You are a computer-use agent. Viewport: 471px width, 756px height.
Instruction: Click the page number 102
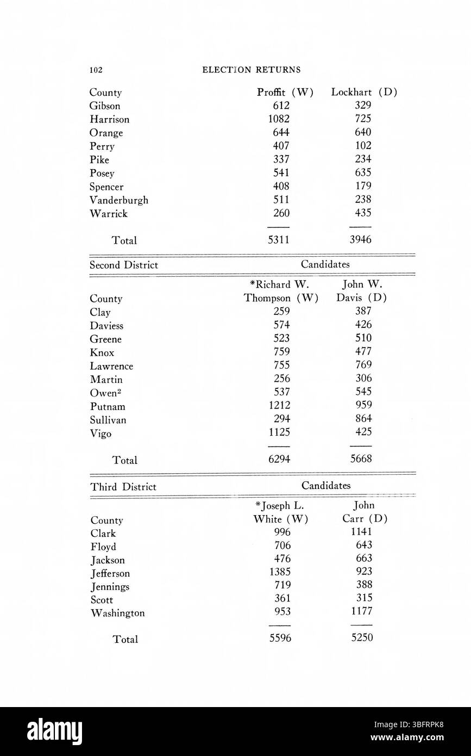pos(96,70)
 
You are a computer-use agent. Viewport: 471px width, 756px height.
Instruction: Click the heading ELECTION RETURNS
pos(251,70)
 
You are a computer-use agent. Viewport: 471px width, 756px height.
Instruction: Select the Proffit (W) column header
pos(285,92)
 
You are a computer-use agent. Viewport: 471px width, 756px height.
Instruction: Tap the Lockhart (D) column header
pos(363,92)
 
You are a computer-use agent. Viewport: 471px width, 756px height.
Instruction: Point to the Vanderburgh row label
pos(119,200)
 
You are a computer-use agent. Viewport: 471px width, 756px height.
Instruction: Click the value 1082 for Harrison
pos(279,119)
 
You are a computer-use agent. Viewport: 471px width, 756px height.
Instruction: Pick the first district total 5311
pos(279,240)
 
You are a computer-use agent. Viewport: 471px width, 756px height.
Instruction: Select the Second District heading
pos(124,265)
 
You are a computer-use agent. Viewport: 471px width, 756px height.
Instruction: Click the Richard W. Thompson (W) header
pos(280,291)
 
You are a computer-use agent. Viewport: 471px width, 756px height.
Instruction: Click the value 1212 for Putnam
pos(279,406)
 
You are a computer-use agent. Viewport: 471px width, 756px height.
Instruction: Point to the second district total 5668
pos(361,460)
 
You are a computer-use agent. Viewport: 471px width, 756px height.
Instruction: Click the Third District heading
pos(123,487)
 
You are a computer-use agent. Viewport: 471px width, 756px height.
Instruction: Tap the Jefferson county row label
pos(110,573)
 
